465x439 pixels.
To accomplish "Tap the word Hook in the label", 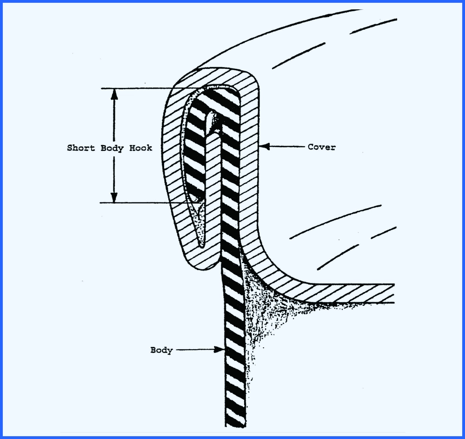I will (142, 148).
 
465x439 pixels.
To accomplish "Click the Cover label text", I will (321, 147).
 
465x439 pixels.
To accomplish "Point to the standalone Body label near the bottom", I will (161, 350).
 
